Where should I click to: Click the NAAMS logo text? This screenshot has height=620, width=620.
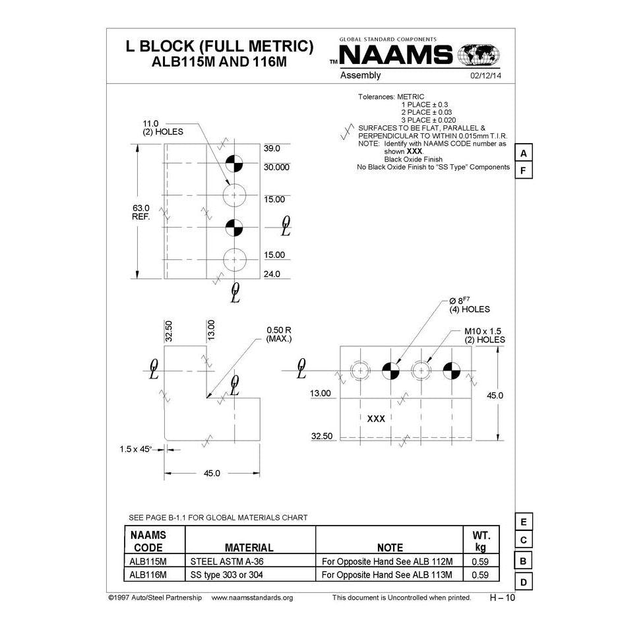click(x=396, y=55)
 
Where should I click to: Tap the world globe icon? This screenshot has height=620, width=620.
click(x=478, y=55)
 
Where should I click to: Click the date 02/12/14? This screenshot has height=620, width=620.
click(x=485, y=76)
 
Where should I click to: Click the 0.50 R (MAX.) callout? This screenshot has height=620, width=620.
click(x=278, y=334)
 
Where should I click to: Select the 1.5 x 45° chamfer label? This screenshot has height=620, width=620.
click(x=136, y=449)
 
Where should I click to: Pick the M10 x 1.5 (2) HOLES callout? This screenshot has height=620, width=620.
click(x=484, y=335)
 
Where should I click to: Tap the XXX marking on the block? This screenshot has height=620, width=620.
click(x=376, y=418)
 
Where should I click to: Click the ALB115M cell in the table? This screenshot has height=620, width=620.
click(x=148, y=561)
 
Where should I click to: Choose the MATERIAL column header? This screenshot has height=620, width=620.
click(x=249, y=547)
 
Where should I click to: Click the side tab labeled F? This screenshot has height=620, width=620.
click(x=523, y=171)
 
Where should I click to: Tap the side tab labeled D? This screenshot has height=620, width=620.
click(x=523, y=582)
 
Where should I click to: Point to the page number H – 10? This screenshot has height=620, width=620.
click(x=502, y=598)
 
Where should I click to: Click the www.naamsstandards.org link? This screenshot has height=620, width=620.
click(x=252, y=598)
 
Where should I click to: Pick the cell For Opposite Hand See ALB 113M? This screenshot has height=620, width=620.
click(x=387, y=574)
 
